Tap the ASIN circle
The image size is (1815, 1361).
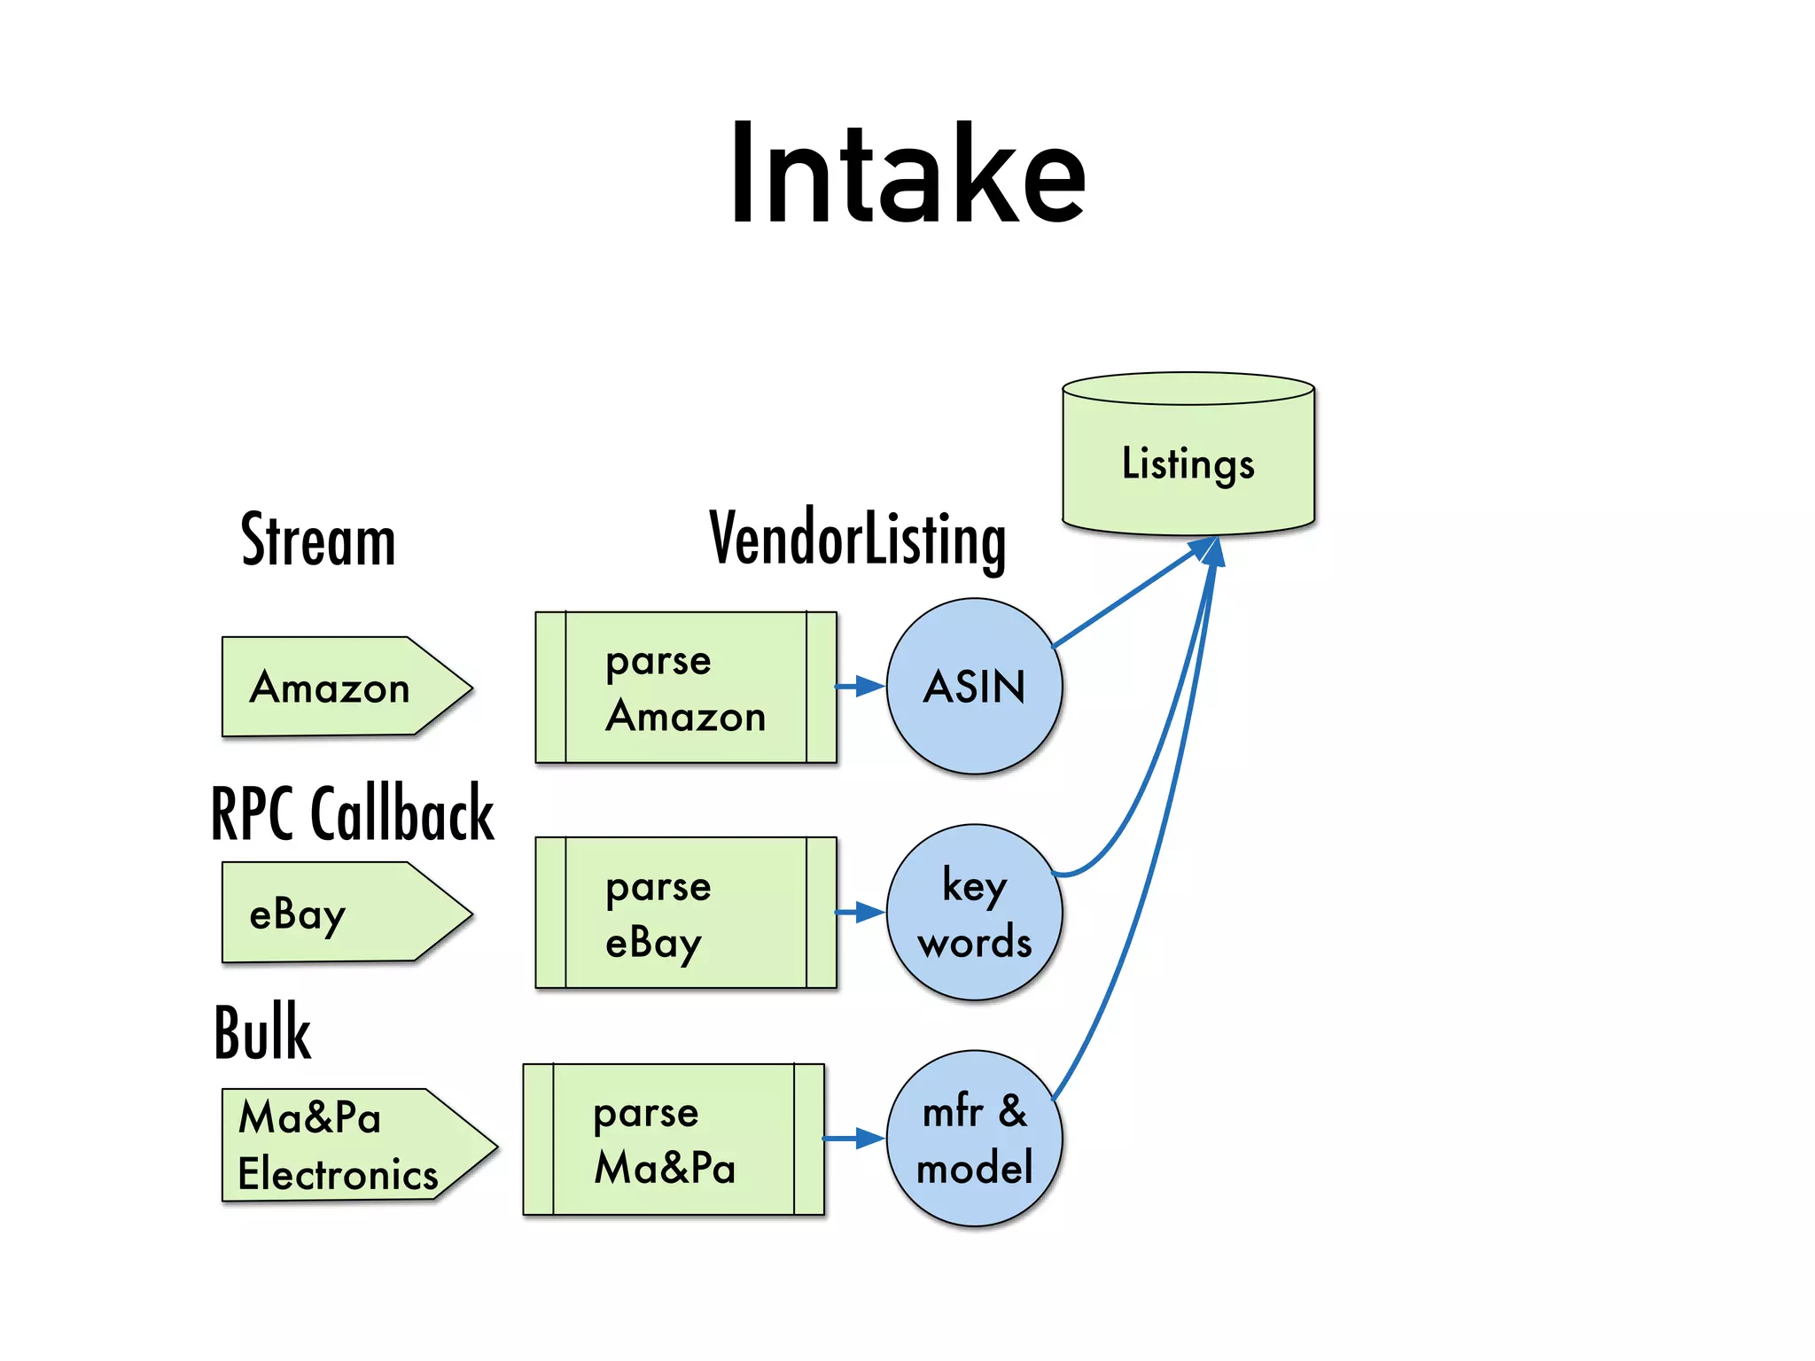pyautogui.click(x=974, y=687)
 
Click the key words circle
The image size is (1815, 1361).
pyautogui.click(x=974, y=913)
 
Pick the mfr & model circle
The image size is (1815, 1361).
pyautogui.click(x=974, y=1139)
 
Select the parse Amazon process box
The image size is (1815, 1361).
pyautogui.click(x=685, y=688)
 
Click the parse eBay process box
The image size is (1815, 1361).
pyautogui.click(x=685, y=913)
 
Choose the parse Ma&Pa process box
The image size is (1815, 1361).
pyautogui.click(x=673, y=1139)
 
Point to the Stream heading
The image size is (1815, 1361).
pyautogui.click(x=318, y=540)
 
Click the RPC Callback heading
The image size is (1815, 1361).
pyautogui.click(x=352, y=813)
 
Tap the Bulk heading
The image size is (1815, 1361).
pyautogui.click(x=262, y=1032)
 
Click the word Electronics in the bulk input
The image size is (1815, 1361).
pyautogui.click(x=338, y=1175)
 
